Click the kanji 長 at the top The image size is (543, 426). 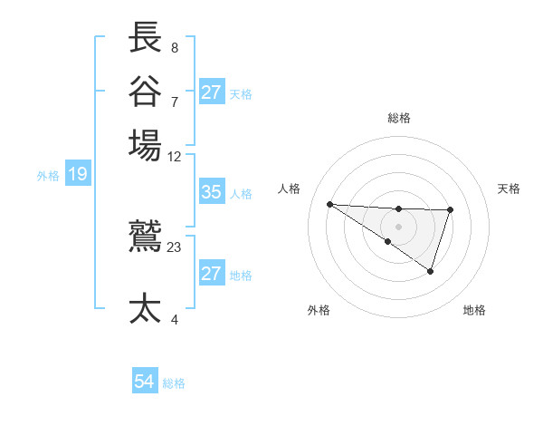click(x=146, y=38)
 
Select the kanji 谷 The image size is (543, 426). click(x=146, y=91)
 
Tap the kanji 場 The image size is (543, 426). click(x=146, y=144)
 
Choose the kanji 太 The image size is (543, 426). click(x=146, y=308)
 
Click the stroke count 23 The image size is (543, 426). click(x=175, y=247)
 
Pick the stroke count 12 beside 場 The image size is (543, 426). click(x=175, y=156)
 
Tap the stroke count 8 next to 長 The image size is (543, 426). click(x=174, y=47)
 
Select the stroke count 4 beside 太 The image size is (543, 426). click(x=174, y=319)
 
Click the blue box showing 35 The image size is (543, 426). click(x=211, y=192)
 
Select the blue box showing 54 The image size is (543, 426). click(x=144, y=382)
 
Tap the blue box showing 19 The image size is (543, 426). click(x=77, y=174)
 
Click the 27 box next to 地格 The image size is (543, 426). click(x=211, y=274)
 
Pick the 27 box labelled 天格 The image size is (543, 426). click(x=211, y=92)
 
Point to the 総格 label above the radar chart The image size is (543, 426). click(x=398, y=118)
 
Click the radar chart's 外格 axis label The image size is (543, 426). click(x=319, y=310)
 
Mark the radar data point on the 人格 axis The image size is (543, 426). click(x=329, y=204)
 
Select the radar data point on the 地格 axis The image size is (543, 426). click(x=431, y=271)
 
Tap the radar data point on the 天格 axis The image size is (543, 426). click(x=450, y=209)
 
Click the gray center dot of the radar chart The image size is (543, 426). click(x=398, y=226)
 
